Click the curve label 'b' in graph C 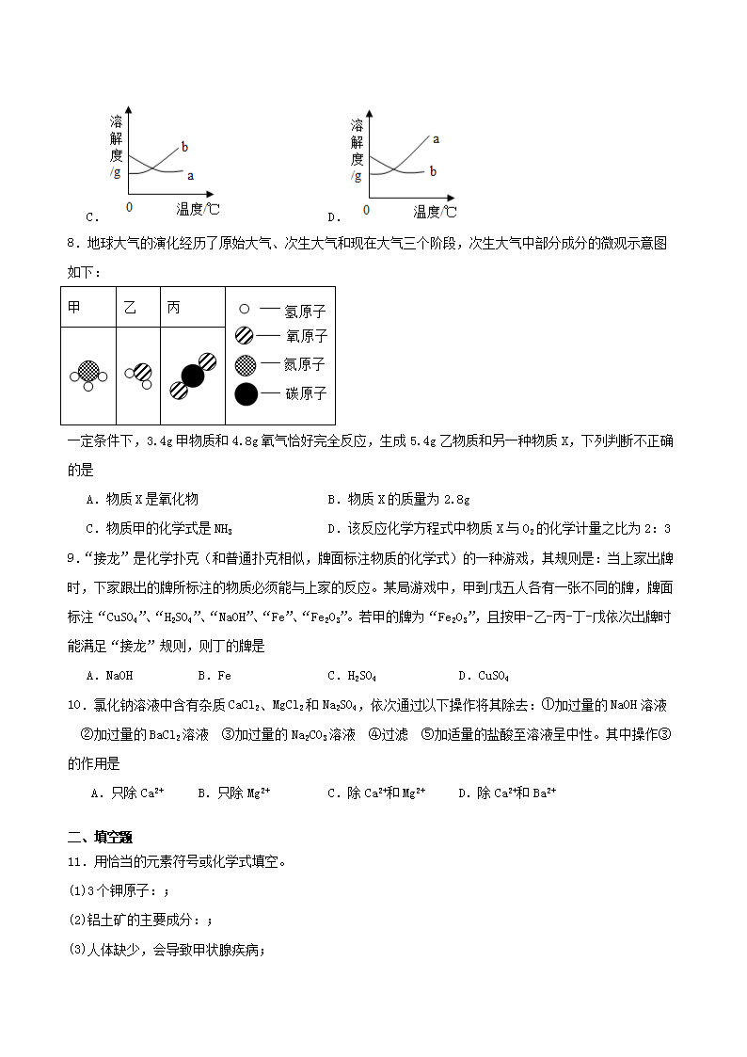(x=184, y=147)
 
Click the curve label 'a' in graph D (x=437, y=139)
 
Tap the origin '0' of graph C (x=129, y=206)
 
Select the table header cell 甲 (x=74, y=308)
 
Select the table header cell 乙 (x=130, y=308)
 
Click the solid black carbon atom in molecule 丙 (x=193, y=376)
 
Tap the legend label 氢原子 (x=305, y=312)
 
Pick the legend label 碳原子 (x=305, y=394)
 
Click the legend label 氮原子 (x=305, y=364)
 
